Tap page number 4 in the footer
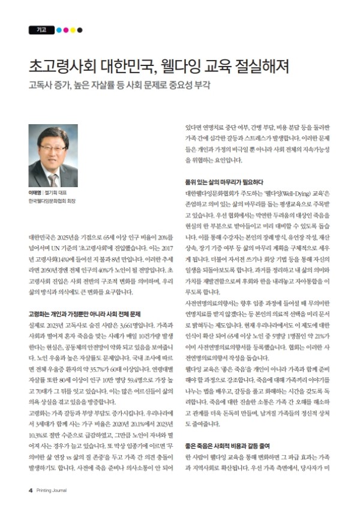coord(30,489)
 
